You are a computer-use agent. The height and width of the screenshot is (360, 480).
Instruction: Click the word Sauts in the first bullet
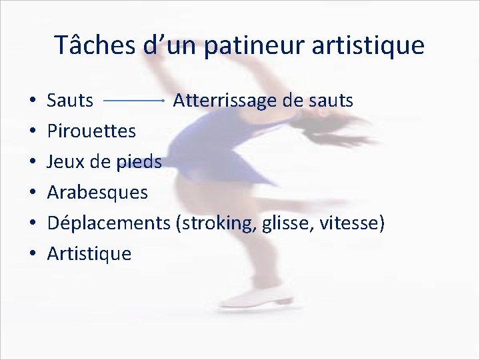pyautogui.click(x=70, y=101)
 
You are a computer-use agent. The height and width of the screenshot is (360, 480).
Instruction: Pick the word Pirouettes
pyautogui.click(x=91, y=131)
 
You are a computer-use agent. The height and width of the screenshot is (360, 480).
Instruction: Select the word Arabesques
pyautogui.click(x=97, y=193)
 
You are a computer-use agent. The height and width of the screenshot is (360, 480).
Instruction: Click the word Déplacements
pyautogui.click(x=109, y=223)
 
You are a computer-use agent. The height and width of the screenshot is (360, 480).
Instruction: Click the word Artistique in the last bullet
pyautogui.click(x=89, y=253)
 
